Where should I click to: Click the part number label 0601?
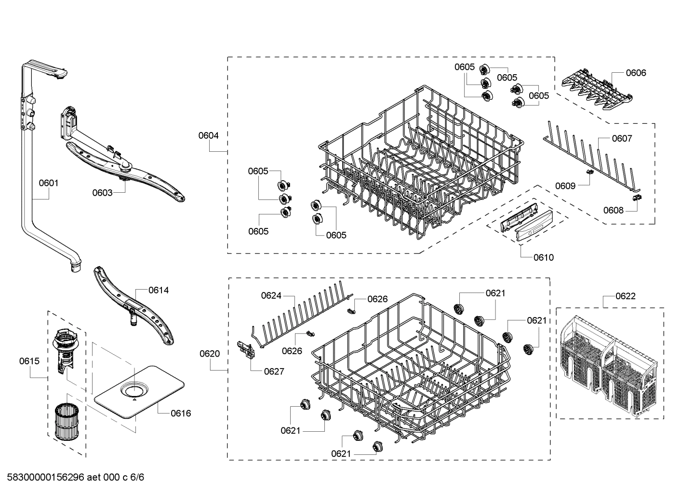(49, 183)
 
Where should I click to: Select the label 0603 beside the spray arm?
(102, 193)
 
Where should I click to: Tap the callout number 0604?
(209, 136)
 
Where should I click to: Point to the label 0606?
(636, 73)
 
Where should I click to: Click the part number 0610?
(544, 257)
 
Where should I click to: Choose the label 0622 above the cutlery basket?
(625, 296)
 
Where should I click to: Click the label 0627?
(274, 372)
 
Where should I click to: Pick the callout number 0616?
(181, 413)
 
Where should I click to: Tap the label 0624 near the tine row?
(271, 296)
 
